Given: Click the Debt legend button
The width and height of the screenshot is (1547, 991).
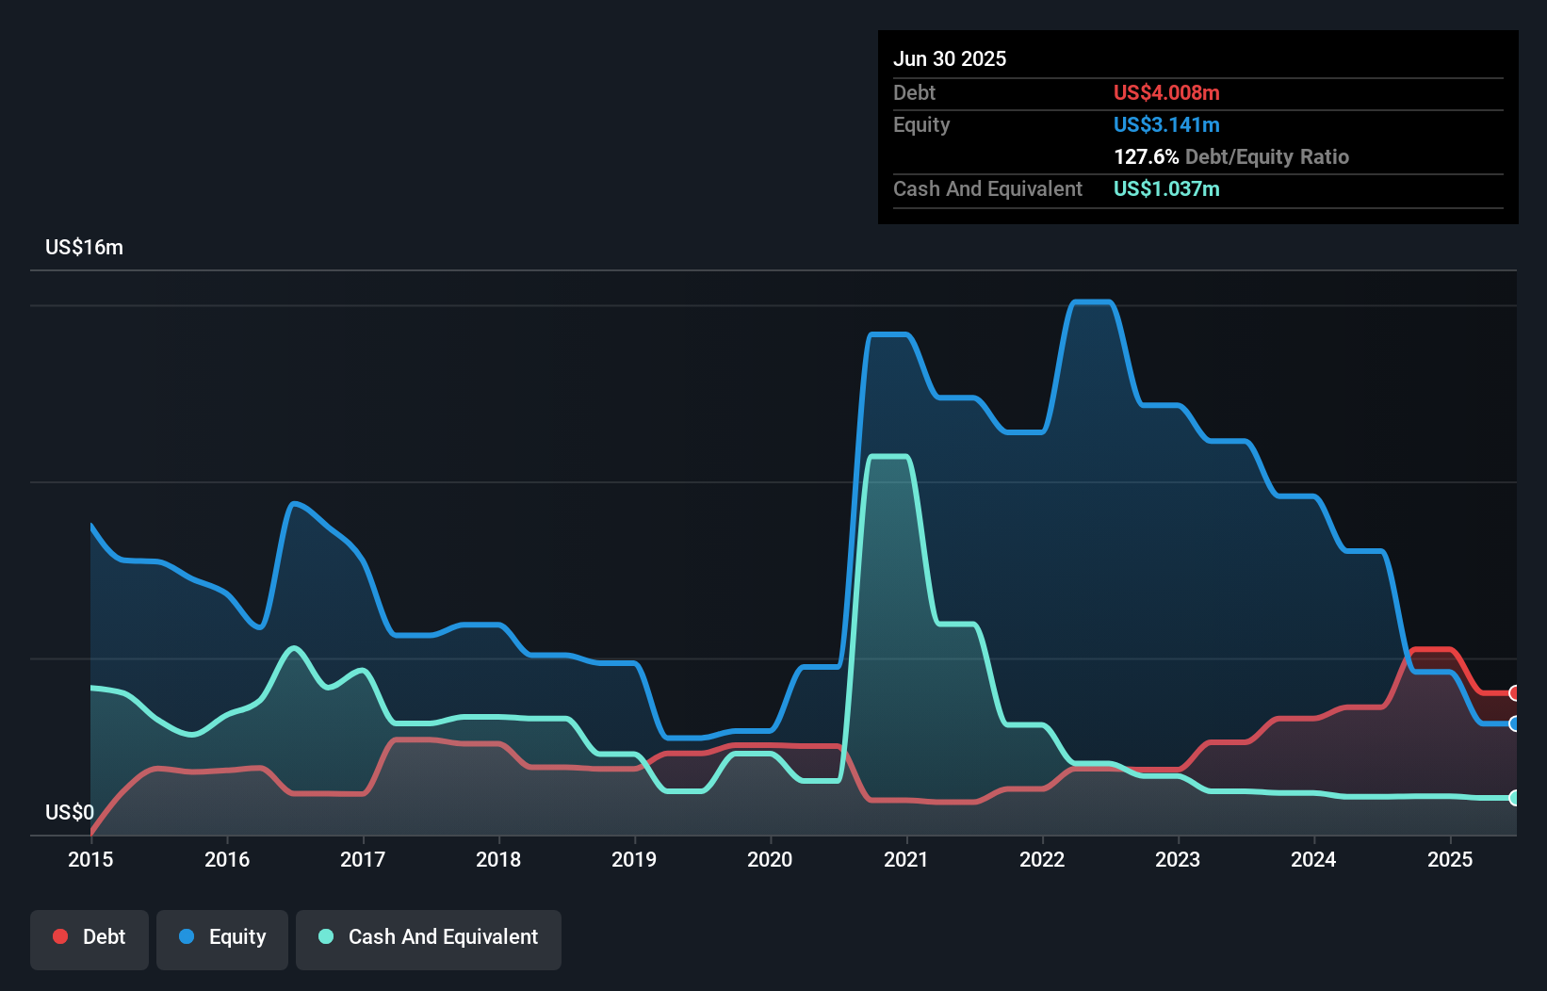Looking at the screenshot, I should click(x=90, y=938).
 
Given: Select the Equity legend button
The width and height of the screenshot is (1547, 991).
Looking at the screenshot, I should click(x=222, y=938).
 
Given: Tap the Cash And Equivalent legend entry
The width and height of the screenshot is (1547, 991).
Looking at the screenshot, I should click(x=429, y=938).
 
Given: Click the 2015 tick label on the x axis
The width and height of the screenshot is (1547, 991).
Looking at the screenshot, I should click(x=90, y=859).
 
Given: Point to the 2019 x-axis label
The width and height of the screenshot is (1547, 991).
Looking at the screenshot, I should click(x=634, y=859).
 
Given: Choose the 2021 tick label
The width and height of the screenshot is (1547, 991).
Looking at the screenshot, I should click(x=905, y=859).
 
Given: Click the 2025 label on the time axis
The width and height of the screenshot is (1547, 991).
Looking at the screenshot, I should click(x=1450, y=859).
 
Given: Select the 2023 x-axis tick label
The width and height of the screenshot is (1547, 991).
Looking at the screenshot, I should click(x=1178, y=859).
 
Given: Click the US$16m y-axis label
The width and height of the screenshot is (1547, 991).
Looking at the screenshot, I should click(x=84, y=248).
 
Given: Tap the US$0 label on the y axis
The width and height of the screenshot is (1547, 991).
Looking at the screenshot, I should click(x=70, y=812).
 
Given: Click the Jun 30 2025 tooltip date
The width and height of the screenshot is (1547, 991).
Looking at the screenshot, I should click(x=950, y=58).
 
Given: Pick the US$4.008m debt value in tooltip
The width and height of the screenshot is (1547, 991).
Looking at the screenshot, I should click(x=1166, y=92).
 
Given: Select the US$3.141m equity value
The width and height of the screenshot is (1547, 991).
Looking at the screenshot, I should click(x=1166, y=124).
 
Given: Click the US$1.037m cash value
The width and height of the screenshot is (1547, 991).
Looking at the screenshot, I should click(x=1166, y=188).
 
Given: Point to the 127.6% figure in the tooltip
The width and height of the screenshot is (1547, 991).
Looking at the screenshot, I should click(x=1146, y=156).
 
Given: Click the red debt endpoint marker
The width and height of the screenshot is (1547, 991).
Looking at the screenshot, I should click(x=1515, y=693).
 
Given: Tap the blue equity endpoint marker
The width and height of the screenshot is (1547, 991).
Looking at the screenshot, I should click(x=1515, y=723).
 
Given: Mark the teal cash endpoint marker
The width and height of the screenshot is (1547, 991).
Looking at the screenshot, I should click(x=1515, y=798).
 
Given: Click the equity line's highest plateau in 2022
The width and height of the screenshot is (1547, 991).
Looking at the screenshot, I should click(x=1093, y=302).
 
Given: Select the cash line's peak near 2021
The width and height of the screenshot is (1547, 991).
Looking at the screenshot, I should click(x=888, y=457).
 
